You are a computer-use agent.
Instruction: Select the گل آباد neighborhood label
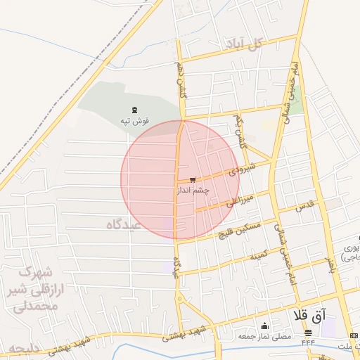click(243, 44)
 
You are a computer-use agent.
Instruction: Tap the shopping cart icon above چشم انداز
click(193, 180)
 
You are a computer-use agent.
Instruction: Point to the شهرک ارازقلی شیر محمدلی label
click(34, 289)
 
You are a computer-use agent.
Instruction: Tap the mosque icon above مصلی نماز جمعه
click(264, 326)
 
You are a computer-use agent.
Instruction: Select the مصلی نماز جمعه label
click(264, 336)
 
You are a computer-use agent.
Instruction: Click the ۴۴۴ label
click(308, 342)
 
